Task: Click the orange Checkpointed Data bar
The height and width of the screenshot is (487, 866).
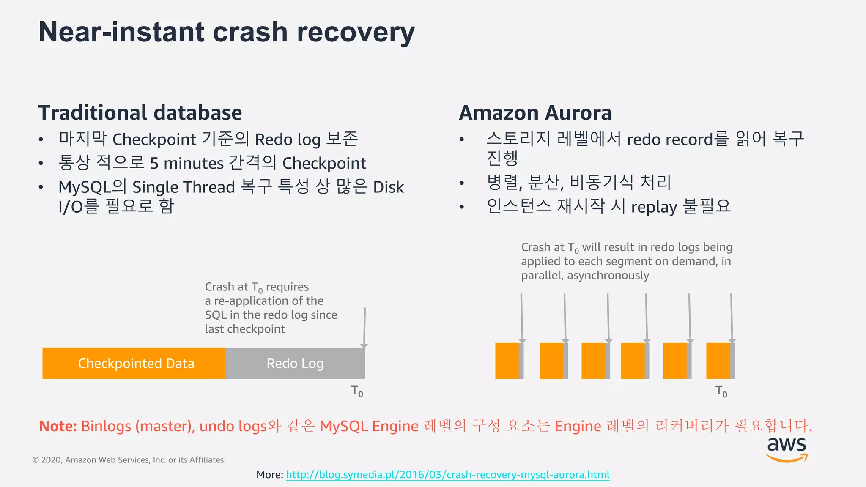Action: [x=134, y=363]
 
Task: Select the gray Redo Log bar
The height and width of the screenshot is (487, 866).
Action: [x=295, y=363]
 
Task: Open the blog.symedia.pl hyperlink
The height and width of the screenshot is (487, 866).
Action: [x=447, y=474]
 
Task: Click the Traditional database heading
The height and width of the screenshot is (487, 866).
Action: [x=140, y=113]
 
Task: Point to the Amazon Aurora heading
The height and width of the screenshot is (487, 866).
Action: [x=535, y=113]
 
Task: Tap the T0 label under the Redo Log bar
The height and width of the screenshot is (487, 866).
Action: [x=357, y=391]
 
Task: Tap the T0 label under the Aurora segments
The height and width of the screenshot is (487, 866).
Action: [x=721, y=391]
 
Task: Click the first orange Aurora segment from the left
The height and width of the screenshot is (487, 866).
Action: [x=507, y=361]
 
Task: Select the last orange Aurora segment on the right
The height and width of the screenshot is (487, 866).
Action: [x=718, y=361]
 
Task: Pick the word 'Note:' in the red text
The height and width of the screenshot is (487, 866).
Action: [x=58, y=426]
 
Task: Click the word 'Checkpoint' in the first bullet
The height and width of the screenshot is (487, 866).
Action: [x=154, y=139]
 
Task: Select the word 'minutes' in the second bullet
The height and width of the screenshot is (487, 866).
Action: [x=193, y=163]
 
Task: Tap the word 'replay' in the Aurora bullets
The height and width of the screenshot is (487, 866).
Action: [x=654, y=207]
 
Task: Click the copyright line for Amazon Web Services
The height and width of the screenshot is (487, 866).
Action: [x=129, y=460]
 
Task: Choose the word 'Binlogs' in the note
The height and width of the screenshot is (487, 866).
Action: [x=106, y=426]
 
